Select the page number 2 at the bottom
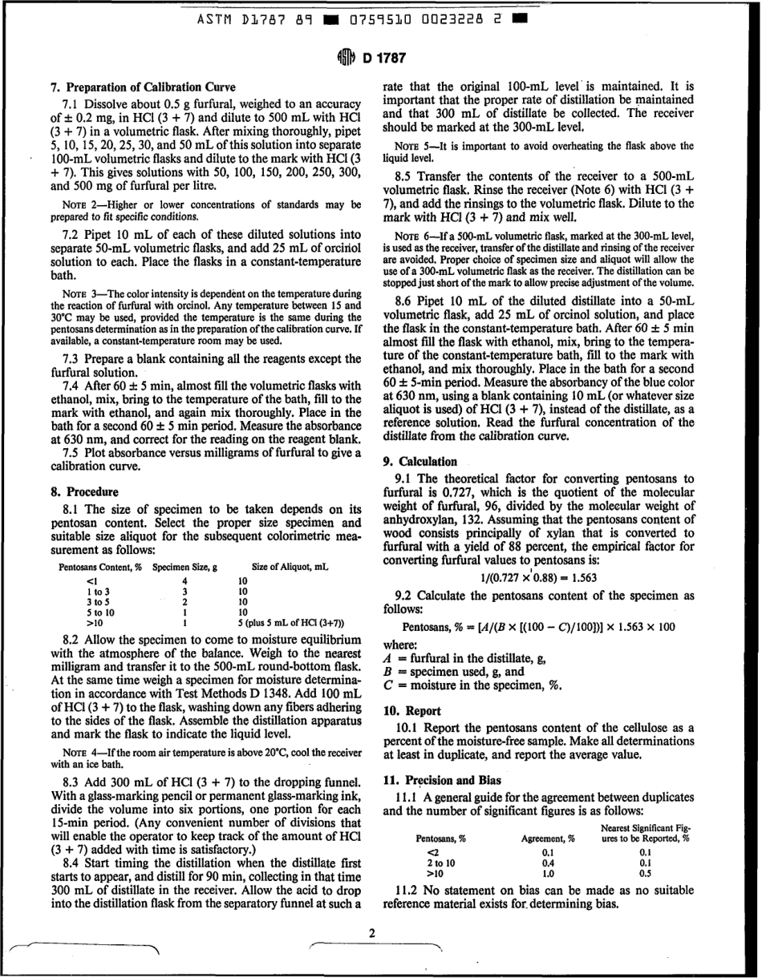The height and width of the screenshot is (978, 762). (372, 933)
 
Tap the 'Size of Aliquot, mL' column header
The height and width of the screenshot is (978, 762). (290, 567)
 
